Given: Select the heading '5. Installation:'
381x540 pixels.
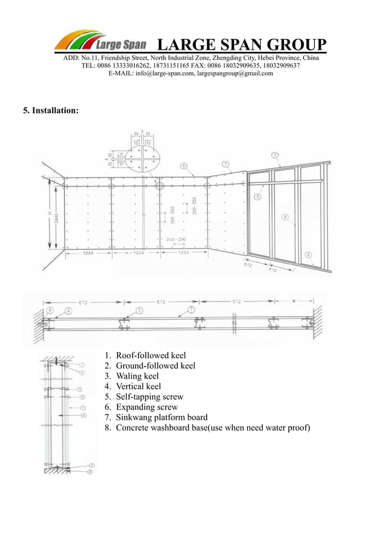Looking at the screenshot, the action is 50,111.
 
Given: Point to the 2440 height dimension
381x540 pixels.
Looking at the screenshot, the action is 56,218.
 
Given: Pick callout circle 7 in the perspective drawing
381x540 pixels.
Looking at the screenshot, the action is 225,163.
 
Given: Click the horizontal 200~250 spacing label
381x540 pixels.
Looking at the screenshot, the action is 176,240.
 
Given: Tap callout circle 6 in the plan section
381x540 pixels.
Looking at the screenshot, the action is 50,311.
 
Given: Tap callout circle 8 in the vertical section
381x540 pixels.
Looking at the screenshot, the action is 90,471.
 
